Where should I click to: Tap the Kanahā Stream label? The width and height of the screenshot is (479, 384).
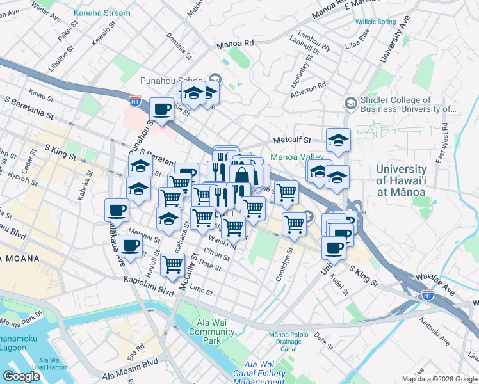click(x=102, y=13)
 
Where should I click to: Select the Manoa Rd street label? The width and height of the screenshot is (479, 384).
click(x=235, y=43)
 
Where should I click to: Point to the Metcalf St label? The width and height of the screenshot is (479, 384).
click(x=291, y=140)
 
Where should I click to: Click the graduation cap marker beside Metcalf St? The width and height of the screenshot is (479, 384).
click(x=339, y=139)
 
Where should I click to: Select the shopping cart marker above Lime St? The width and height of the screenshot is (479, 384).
click(x=173, y=264)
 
